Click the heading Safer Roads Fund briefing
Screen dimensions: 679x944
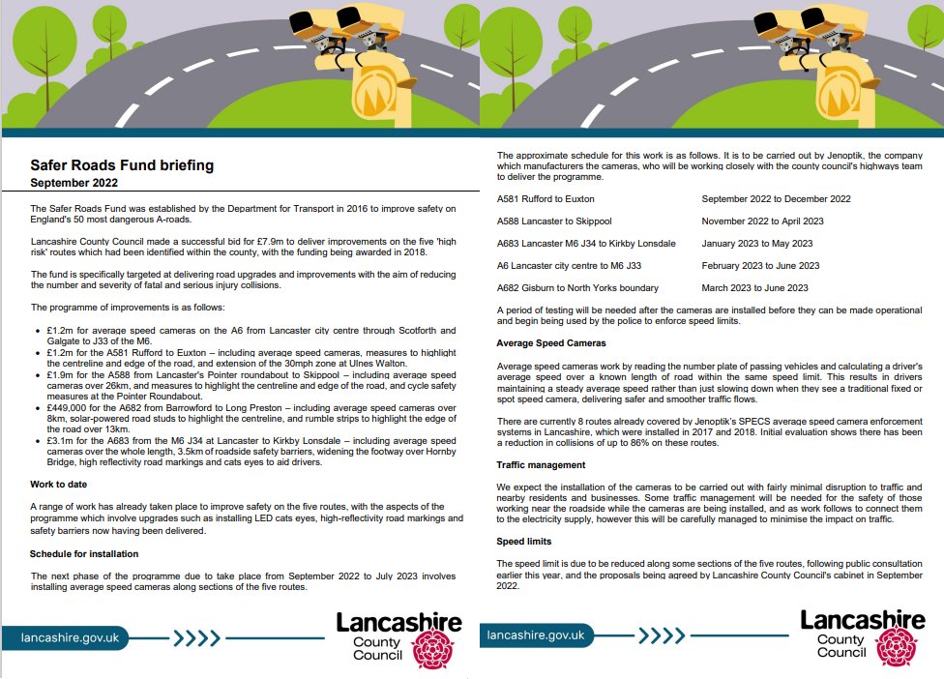point(122,165)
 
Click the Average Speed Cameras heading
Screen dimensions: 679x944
point(551,343)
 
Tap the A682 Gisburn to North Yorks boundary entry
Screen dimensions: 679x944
point(577,288)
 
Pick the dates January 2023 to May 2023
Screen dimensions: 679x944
point(756,244)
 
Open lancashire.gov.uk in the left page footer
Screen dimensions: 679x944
point(73,636)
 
